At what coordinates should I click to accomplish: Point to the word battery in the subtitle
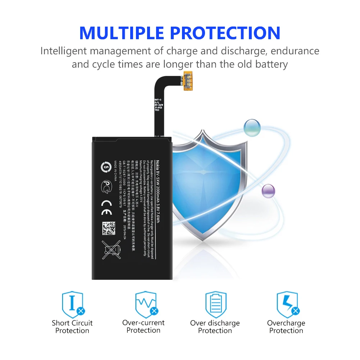(270, 65)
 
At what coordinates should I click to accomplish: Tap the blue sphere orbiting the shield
(252, 127)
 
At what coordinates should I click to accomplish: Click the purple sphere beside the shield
(268, 191)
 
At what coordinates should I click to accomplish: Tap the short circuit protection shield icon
(73, 304)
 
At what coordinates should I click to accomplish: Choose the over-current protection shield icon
(145, 304)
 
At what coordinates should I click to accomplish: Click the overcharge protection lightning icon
(287, 304)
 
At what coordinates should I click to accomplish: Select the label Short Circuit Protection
(72, 327)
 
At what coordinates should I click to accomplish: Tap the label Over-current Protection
(143, 327)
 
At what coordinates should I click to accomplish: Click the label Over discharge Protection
(215, 327)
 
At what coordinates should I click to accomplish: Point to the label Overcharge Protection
(286, 327)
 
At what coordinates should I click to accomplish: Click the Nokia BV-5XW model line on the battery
(157, 192)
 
